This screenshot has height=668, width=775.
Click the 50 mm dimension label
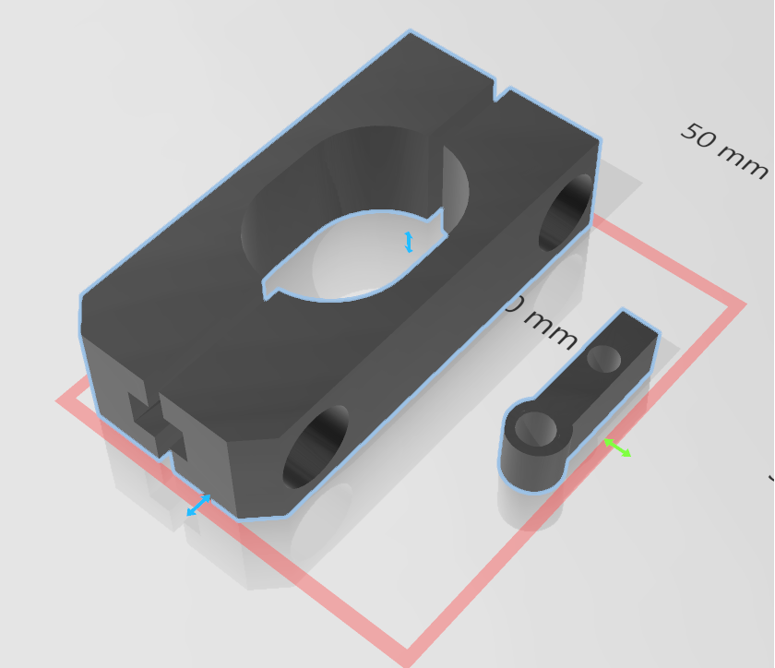coord(724,151)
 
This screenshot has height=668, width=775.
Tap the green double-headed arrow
coord(617,448)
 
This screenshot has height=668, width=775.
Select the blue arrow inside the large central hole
coord(409,242)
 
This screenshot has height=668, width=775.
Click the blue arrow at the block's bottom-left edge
coord(198,505)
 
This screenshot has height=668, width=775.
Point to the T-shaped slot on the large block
coord(157,425)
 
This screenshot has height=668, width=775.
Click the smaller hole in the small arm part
coord(603,358)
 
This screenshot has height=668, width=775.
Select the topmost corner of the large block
coord(411,33)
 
